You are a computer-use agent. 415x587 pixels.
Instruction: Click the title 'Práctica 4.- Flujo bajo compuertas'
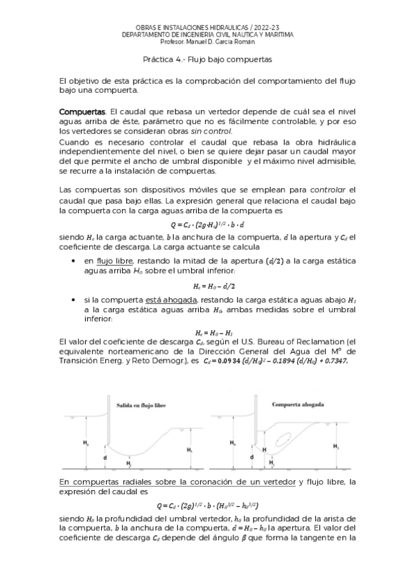[207, 60]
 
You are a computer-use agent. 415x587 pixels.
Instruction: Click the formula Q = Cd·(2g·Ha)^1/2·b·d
[207, 225]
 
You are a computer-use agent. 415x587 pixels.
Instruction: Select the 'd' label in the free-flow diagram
[105, 458]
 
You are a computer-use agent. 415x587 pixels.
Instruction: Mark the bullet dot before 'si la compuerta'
[74, 299]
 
